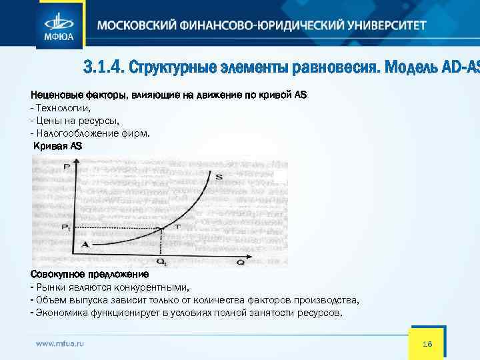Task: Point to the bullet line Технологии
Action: (62, 107)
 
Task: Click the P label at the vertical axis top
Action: (66, 167)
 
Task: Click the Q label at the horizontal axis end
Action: (241, 262)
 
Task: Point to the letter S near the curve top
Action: (219, 177)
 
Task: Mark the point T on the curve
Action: (177, 227)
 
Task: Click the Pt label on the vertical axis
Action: (65, 228)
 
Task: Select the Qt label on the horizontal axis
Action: (163, 262)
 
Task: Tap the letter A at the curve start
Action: (85, 245)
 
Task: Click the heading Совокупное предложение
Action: (90, 274)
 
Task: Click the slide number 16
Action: (427, 343)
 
